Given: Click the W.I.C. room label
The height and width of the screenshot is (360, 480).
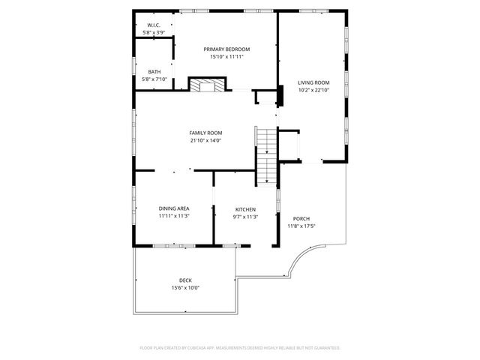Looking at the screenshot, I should tap(154, 25).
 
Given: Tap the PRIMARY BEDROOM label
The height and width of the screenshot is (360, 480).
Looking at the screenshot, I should tap(226, 49).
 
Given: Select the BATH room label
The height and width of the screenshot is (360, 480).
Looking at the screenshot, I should tap(154, 72).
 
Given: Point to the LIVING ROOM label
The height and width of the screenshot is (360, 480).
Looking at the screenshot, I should tap(313, 82).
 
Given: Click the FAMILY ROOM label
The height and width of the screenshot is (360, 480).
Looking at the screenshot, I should tap(205, 133).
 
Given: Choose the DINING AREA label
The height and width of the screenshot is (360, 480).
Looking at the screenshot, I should tap(173, 208).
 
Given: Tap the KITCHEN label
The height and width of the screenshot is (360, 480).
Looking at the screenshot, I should tap(245, 209).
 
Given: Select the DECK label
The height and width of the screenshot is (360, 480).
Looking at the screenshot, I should tap(185, 280).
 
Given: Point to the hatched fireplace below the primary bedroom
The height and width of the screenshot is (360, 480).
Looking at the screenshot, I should tap(205, 85).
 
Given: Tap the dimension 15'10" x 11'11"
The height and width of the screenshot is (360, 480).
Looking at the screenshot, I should tap(226, 56).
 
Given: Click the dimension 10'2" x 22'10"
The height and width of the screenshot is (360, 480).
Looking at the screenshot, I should tap(313, 90).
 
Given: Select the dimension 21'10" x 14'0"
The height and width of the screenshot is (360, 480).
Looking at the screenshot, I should tap(205, 140).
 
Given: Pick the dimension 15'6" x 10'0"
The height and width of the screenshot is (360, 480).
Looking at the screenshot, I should tap(185, 288).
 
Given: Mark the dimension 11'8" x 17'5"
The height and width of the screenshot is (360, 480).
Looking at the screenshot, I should tap(302, 226).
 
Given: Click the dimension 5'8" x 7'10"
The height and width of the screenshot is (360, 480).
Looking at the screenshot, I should tap(154, 79).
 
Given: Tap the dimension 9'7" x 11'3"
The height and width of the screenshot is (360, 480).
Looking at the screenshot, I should tap(245, 217).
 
